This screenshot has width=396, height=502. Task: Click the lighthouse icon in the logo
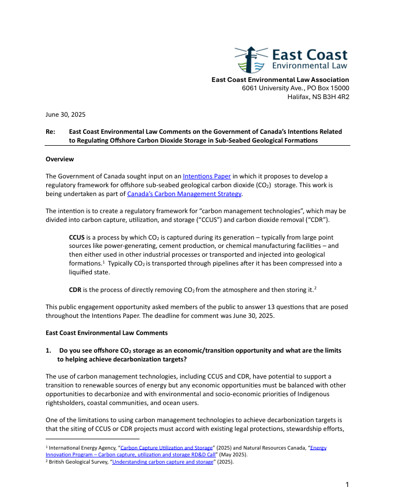[251, 59]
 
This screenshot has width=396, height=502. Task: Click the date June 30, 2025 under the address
[65, 114]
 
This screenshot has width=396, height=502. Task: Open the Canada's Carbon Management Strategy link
[184, 194]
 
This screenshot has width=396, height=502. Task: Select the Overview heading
[60, 159]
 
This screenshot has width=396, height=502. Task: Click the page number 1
[347, 484]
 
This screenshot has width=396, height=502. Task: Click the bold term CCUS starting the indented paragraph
[77, 237]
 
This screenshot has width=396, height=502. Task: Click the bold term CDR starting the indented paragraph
[76, 289]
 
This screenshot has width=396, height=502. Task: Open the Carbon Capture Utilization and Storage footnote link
[167, 448]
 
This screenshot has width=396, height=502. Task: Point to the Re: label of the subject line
[51, 132]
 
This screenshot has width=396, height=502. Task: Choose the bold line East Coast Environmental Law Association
[280, 79]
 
